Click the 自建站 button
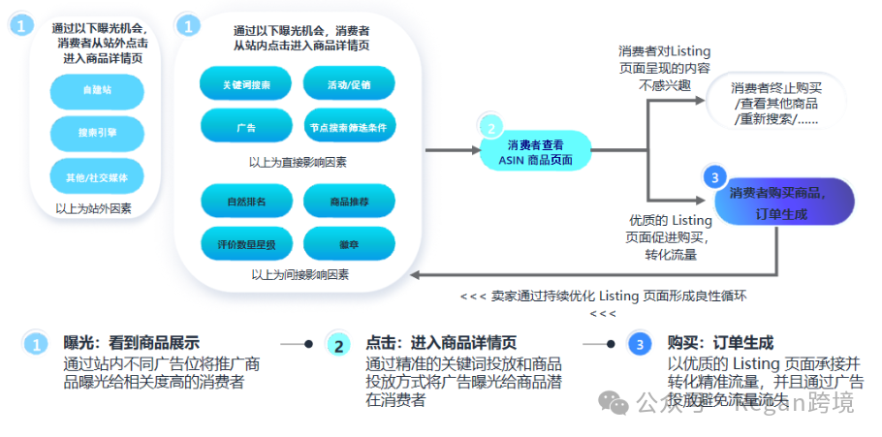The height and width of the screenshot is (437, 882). (96, 91)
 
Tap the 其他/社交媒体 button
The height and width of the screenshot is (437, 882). (96, 177)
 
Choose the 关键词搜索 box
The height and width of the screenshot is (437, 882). (246, 85)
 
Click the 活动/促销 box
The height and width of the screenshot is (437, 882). (349, 85)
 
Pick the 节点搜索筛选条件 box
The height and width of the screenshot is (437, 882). (349, 127)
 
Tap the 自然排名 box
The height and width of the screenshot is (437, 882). (246, 202)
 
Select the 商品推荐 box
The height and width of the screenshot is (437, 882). (349, 202)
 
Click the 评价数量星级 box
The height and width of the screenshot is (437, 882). (246, 242)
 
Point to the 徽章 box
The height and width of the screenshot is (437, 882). (349, 242)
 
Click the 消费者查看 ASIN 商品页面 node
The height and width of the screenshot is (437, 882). (535, 151)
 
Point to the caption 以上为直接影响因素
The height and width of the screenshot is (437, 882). (298, 162)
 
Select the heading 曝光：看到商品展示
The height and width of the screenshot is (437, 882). (131, 343)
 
